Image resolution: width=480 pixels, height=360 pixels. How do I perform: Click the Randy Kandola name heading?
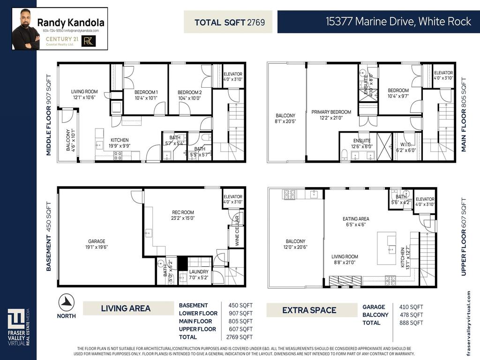click(71, 22)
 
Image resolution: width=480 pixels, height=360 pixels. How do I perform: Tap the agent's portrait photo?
click(24, 29)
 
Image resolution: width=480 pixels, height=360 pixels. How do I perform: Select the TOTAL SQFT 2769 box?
click(228, 22)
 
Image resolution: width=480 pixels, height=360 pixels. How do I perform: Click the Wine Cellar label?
click(237, 232)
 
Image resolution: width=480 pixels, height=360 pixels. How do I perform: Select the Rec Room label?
click(183, 215)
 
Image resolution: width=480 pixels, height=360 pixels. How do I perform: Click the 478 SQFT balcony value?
click(411, 315)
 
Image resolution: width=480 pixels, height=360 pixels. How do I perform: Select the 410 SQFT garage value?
click(411, 307)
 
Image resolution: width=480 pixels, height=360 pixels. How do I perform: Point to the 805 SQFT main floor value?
click(240, 321)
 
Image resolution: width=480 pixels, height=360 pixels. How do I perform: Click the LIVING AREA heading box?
click(126, 308)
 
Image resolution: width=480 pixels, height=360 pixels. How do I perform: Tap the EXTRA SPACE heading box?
click(309, 310)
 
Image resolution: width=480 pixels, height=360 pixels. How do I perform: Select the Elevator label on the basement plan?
click(233, 199)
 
